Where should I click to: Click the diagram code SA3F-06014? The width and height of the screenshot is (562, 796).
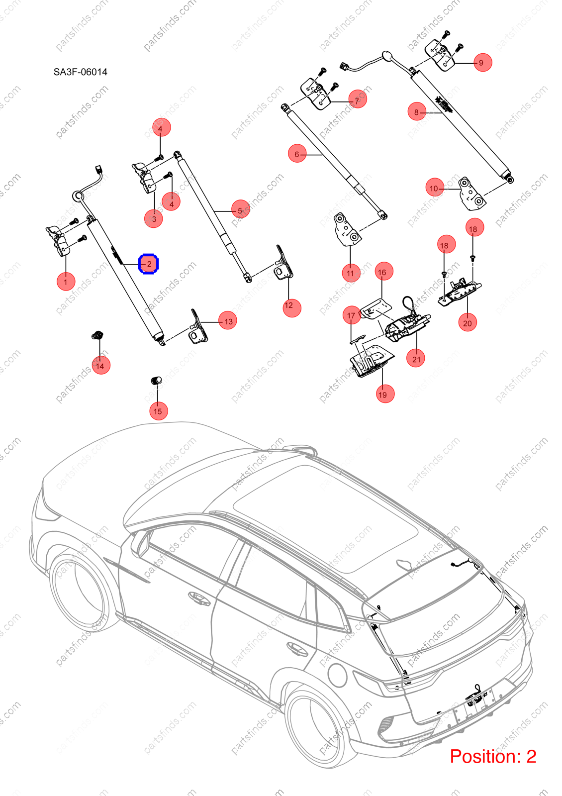(x=80, y=72)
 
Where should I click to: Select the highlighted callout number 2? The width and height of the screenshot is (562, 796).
(x=149, y=264)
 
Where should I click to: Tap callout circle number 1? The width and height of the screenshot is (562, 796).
(x=66, y=282)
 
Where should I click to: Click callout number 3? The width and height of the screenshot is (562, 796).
(x=154, y=218)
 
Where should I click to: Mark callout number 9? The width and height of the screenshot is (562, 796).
(x=482, y=62)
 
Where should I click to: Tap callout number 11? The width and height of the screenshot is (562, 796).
(x=351, y=273)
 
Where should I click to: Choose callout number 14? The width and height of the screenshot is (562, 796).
(x=101, y=365)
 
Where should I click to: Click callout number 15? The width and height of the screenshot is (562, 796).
(x=159, y=411)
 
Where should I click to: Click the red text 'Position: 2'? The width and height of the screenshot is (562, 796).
(x=493, y=757)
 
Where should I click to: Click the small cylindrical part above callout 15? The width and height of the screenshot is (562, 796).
(x=157, y=381)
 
